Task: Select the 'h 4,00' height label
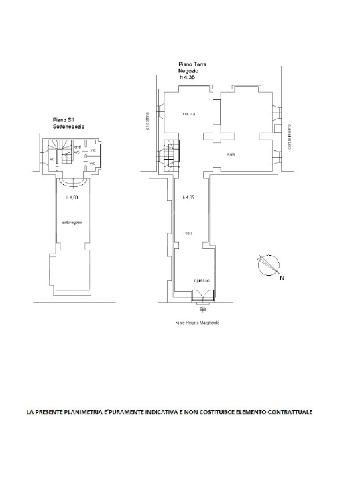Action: pos(72,197)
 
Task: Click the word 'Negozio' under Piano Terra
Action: pos(190,72)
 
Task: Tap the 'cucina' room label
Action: pos(188,114)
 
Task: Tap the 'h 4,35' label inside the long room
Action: pos(188,197)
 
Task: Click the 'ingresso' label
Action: pos(202,280)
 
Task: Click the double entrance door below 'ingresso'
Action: pos(202,296)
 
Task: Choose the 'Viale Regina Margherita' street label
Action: pos(198,323)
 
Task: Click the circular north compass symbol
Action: pos(266,265)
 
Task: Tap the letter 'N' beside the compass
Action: pos(282,277)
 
